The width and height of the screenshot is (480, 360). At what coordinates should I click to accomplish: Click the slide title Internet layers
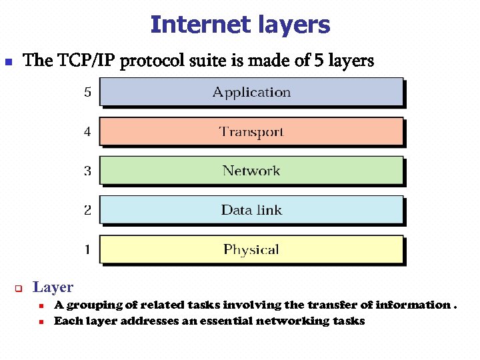[x=240, y=25]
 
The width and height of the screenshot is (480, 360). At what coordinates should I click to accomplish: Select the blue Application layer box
[x=251, y=92]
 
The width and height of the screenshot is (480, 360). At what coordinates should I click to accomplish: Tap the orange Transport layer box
[x=251, y=131]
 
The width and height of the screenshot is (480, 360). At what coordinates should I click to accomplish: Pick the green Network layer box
[x=251, y=171]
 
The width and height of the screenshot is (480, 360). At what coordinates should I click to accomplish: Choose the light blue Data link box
[x=251, y=210]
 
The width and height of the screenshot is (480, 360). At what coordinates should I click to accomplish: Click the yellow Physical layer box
[x=251, y=250]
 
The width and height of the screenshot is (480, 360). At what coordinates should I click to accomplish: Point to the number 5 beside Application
[x=87, y=92]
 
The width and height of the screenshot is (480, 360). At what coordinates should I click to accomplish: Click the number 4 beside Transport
[x=87, y=131]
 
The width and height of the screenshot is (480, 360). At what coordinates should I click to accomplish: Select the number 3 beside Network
[x=87, y=171]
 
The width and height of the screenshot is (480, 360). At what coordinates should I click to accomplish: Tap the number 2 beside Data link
[x=87, y=210]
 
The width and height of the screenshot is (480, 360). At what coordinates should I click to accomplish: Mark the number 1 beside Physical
[x=87, y=250]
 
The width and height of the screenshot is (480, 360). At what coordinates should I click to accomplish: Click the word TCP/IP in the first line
[x=86, y=61]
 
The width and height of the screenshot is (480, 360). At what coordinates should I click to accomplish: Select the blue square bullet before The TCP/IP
[x=9, y=62]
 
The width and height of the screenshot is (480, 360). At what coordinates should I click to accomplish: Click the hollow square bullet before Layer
[x=19, y=289]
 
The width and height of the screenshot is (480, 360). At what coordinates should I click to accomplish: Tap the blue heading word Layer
[x=53, y=287]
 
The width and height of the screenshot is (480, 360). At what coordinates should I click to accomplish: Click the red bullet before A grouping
[x=41, y=306]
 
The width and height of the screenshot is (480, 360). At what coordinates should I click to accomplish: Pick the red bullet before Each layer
[x=41, y=321]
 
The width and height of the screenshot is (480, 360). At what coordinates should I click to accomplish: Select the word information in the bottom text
[x=413, y=305]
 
